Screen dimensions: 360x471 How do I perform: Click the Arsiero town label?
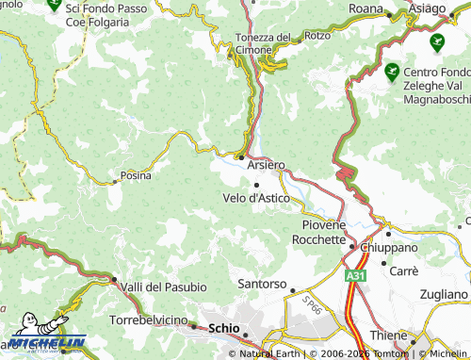[x=266, y=164]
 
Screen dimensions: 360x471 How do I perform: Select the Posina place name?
[x=136, y=174]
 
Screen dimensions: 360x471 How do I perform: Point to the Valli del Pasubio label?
[x=164, y=286]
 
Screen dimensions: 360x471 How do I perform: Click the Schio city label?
[x=224, y=328]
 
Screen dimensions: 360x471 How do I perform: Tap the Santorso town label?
[x=261, y=283]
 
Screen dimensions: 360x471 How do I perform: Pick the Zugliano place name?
[x=443, y=294]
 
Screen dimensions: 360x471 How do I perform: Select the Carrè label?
[x=404, y=270]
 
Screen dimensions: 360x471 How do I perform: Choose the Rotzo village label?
[x=317, y=37]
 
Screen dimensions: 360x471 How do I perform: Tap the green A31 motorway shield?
[x=355, y=274]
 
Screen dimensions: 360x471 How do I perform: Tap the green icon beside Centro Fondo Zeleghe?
[x=391, y=69]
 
